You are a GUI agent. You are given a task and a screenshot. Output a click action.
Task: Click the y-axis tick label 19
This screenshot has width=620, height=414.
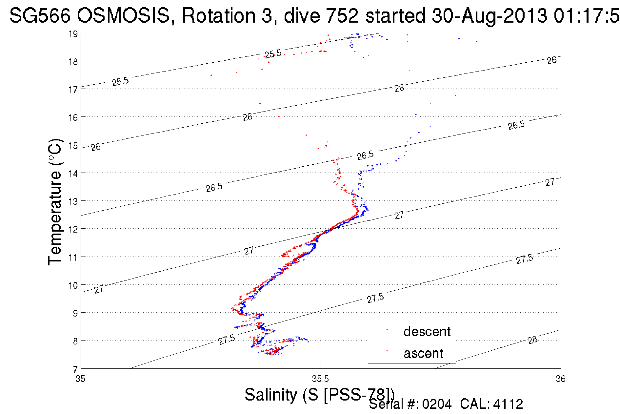pos(72,34)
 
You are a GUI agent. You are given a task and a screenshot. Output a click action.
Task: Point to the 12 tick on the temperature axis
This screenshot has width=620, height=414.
pos(72,229)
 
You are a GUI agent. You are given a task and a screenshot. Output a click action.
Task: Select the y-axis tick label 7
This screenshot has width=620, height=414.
pos(75,369)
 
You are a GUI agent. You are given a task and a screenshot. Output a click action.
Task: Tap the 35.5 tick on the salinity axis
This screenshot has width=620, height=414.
pos(320,379)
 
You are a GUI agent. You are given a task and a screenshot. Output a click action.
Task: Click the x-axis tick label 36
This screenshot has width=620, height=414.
pos(561,379)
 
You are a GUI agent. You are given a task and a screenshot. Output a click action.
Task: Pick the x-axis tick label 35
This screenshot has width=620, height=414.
pos(80,379)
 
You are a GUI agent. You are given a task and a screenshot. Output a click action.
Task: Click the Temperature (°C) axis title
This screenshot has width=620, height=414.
pos(55,202)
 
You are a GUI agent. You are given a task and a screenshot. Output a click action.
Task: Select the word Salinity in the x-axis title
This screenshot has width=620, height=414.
pos(271,395)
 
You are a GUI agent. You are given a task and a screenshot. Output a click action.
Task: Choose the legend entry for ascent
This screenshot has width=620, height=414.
pos(423,353)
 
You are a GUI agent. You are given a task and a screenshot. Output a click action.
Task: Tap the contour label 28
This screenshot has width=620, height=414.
pos(532,340)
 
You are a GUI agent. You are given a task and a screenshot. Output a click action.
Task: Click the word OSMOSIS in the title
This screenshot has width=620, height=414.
pos(124,16)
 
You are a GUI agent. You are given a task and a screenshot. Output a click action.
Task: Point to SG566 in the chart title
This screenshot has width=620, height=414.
pos(40,16)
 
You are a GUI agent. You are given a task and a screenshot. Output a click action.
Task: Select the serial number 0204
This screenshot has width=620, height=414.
pos(437,404)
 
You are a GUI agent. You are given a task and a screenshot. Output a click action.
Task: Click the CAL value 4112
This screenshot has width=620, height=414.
pos(508,404)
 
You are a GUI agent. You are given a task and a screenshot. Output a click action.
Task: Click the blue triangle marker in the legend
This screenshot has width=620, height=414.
pos(387,329)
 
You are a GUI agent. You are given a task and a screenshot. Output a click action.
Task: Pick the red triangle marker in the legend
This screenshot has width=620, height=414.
pos(387,351)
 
